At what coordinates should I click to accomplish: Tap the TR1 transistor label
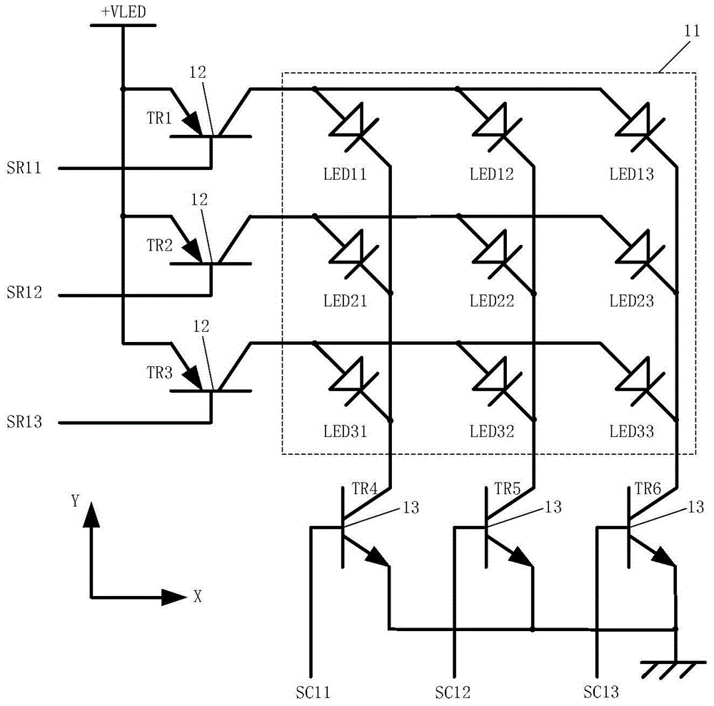click(x=160, y=119)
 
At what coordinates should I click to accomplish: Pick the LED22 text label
click(x=491, y=301)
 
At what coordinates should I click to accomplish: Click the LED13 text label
click(x=631, y=174)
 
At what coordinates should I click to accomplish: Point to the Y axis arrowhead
click(x=91, y=513)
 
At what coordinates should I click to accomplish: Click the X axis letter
click(x=198, y=597)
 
